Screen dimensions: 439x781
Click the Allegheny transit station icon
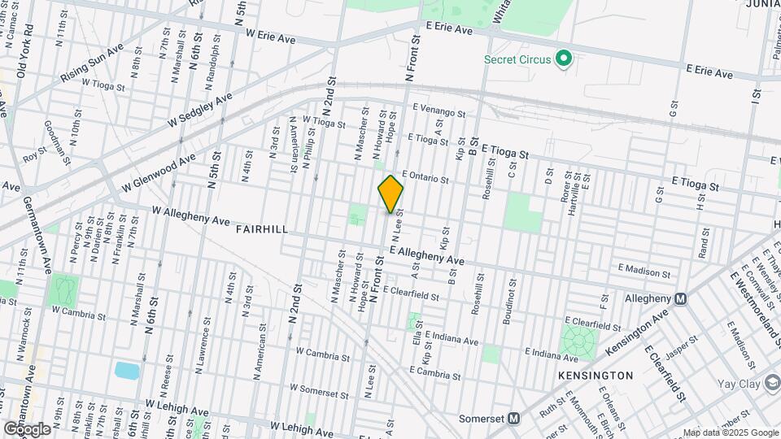(x=681, y=298)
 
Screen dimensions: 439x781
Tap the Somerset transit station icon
(x=513, y=419)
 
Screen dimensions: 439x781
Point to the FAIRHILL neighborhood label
(x=262, y=230)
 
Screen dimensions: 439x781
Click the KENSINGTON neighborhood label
(x=596, y=376)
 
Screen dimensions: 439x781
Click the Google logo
(x=27, y=428)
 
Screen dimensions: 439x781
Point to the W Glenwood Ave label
(x=160, y=174)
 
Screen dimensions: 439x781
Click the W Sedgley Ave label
(x=200, y=110)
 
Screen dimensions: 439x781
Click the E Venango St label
(x=438, y=111)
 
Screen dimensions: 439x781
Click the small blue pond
(x=127, y=371)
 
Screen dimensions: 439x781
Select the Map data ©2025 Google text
(x=729, y=432)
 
